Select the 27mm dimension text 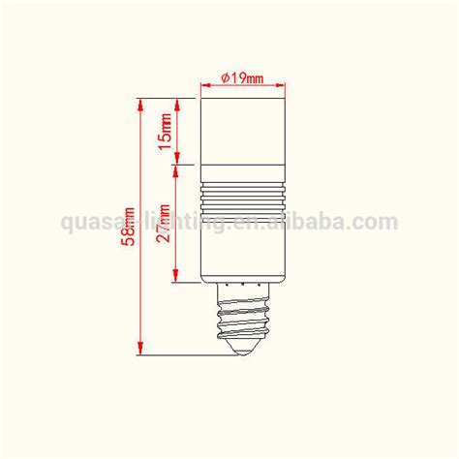pyautogui.click(x=166, y=226)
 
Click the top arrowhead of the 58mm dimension pyautogui.click(x=142, y=103)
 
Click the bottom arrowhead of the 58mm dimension pyautogui.click(x=142, y=351)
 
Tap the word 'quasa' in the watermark pyautogui.click(x=87, y=224)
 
